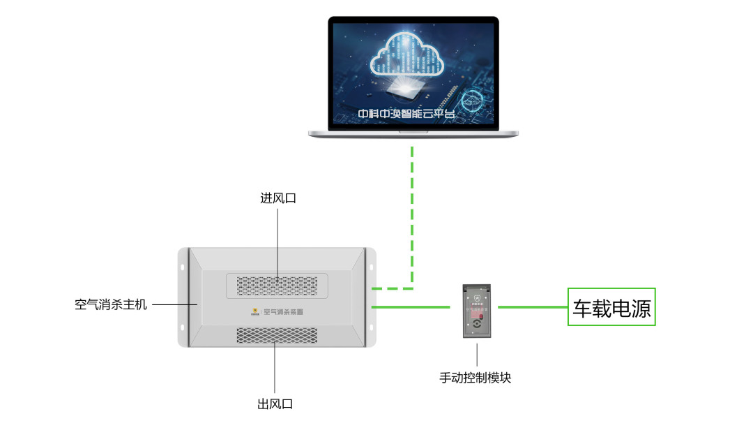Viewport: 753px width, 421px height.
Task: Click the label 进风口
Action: pyautogui.click(x=278, y=198)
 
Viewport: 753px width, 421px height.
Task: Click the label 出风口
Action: pyautogui.click(x=275, y=404)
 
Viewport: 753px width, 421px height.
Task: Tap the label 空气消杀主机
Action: pyautogui.click(x=111, y=304)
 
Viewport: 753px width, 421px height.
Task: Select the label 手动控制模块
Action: pyautogui.click(x=476, y=378)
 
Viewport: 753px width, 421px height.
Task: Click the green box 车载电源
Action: pyautogui.click(x=611, y=307)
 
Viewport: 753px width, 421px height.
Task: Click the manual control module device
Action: pyautogui.click(x=477, y=312)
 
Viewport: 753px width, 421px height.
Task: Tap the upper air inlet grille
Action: pyautogui.click(x=277, y=286)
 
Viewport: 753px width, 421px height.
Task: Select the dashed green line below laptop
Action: pyautogui.click(x=413, y=209)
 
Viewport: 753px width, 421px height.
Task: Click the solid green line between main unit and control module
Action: pyautogui.click(x=411, y=306)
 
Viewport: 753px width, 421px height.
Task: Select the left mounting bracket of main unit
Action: pyautogui.click(x=183, y=297)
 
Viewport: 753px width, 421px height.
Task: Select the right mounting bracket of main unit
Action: pyautogui.click(x=370, y=297)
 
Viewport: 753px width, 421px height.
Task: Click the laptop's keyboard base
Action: pyautogui.click(x=413, y=132)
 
